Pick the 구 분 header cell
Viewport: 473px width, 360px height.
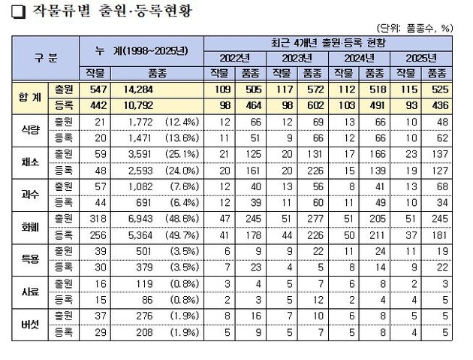(x=48, y=56)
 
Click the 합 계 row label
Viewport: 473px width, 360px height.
(x=34, y=95)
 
